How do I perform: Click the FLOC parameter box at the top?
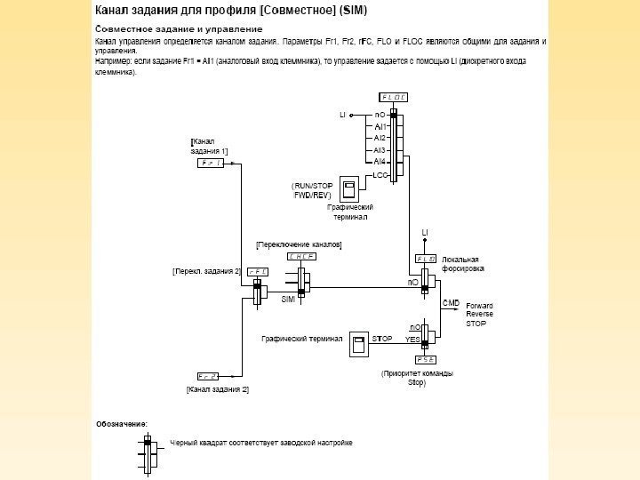(393, 97)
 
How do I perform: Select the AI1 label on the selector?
(380, 126)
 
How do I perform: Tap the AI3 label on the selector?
(380, 150)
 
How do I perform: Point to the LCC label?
(380, 175)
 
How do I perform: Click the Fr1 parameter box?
(211, 164)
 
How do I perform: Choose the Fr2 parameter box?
(209, 377)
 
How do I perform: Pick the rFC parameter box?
(258, 271)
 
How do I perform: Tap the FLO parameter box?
(426, 259)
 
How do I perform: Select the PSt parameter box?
(423, 360)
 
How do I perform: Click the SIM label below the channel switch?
(288, 300)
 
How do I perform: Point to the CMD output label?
(451, 303)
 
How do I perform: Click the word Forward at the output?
(480, 305)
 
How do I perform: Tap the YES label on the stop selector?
(412, 340)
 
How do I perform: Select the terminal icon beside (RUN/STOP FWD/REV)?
(349, 188)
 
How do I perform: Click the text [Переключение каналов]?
(299, 243)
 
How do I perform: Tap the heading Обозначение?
(122, 424)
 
